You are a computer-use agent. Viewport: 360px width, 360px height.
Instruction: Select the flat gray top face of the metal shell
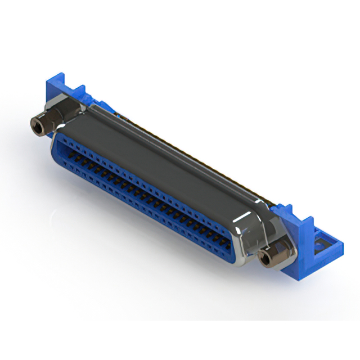tap(169, 152)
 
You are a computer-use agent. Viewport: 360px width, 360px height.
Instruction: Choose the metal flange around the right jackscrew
tap(278, 239)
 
